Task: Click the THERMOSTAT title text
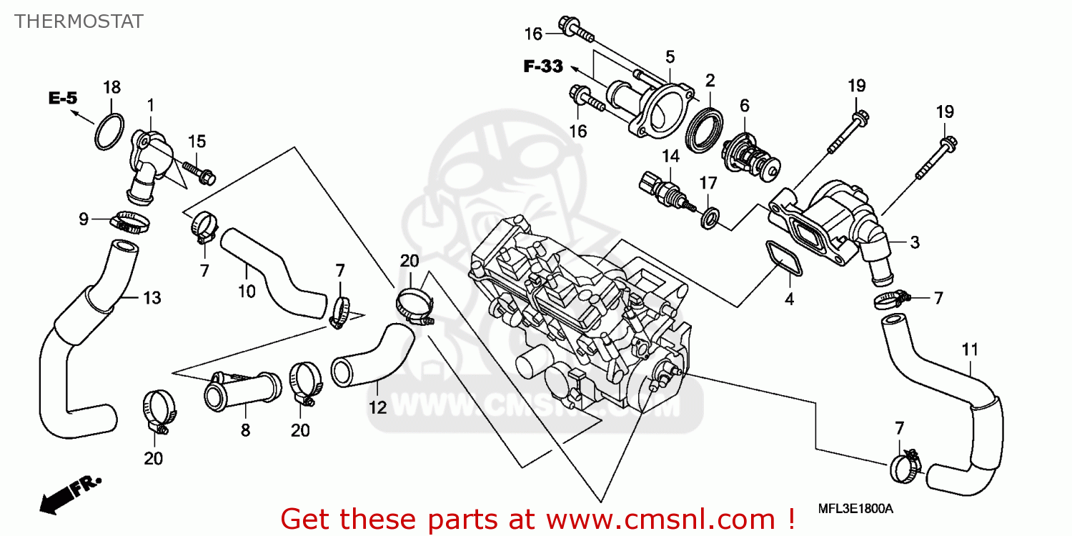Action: pyautogui.click(x=79, y=21)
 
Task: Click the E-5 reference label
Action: pyautogui.click(x=63, y=99)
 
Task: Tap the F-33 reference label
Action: pyautogui.click(x=543, y=67)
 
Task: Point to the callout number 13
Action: pyautogui.click(x=153, y=297)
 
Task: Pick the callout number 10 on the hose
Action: pyautogui.click(x=246, y=291)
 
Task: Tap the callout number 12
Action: pyautogui.click(x=377, y=408)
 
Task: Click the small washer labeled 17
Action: pyautogui.click(x=709, y=217)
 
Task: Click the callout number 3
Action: pyautogui.click(x=914, y=242)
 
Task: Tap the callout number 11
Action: pyautogui.click(x=969, y=349)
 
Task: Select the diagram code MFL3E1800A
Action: pyautogui.click(x=855, y=509)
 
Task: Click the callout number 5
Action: pyautogui.click(x=670, y=56)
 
